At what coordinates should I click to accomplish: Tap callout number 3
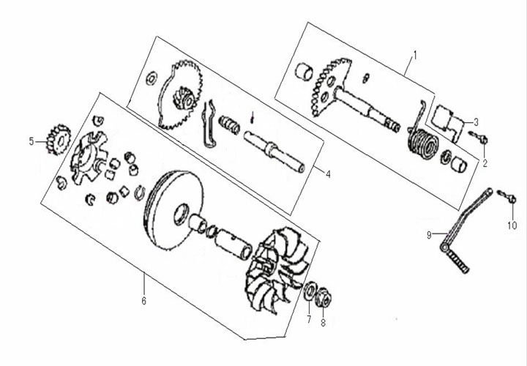[x=476, y=122]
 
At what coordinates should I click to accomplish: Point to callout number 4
[x=328, y=173]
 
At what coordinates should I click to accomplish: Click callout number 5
[x=31, y=141]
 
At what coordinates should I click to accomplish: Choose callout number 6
[x=143, y=301]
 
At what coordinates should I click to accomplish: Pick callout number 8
[x=323, y=323]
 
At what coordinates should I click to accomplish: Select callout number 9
[x=430, y=234]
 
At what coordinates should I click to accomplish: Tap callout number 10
[x=512, y=225]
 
